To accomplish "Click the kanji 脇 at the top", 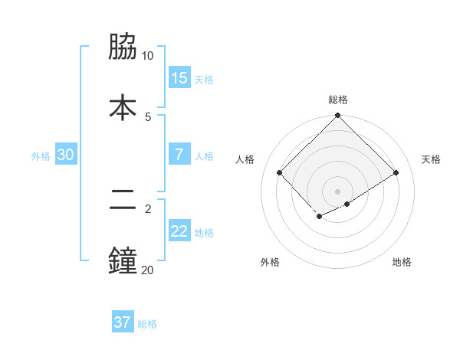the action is (x=123, y=47).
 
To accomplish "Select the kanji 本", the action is (x=123, y=106).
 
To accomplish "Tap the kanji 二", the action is (x=123, y=201).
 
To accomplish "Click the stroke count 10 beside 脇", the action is (x=147, y=56).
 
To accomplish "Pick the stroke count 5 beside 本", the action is (x=148, y=116).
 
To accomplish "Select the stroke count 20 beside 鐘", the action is (x=147, y=270).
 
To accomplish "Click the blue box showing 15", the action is (x=179, y=78).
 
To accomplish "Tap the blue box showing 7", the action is (x=179, y=155).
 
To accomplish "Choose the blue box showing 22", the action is (x=179, y=231).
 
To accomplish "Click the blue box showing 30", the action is (x=66, y=155).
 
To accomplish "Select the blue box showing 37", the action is (x=123, y=322).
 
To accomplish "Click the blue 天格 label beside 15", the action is (x=203, y=80).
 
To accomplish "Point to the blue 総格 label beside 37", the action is (x=147, y=324).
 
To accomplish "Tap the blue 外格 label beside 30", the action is (x=41, y=156).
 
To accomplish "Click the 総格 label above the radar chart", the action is (x=337, y=100).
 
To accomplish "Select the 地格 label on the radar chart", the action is (x=402, y=262).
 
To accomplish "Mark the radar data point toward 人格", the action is (x=280, y=172).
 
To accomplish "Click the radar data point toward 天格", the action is (x=396, y=172).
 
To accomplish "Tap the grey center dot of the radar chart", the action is (x=337, y=191).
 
